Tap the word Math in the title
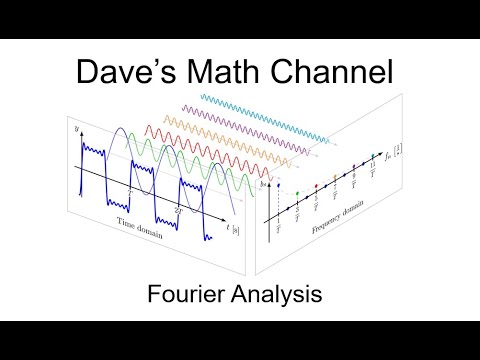pyautogui.click(x=231, y=72)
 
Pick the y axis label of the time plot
pyautogui.click(x=76, y=130)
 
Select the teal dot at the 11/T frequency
pyautogui.click(x=372, y=155)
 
